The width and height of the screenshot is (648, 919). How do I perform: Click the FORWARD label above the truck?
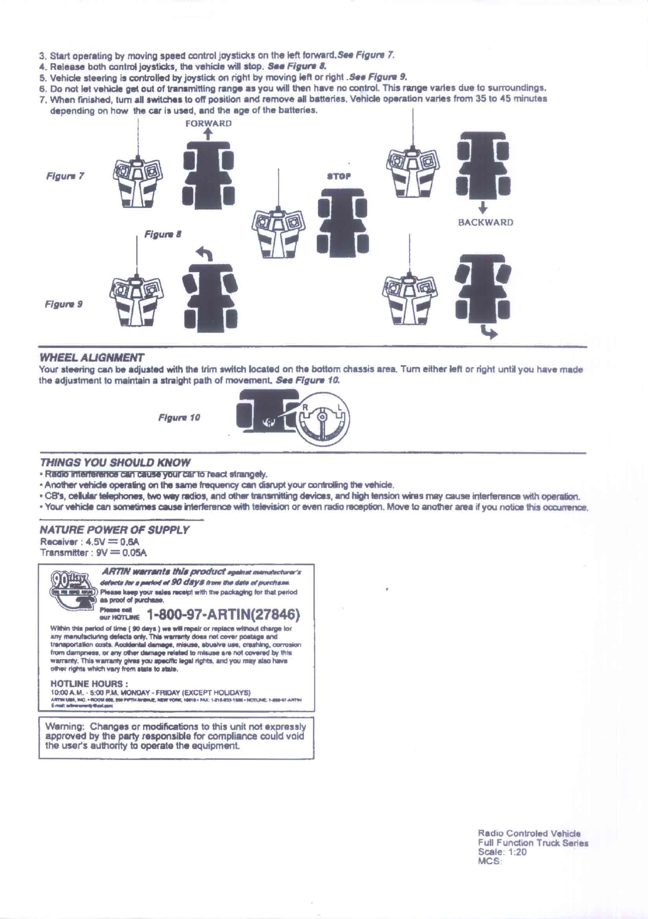[x=208, y=123]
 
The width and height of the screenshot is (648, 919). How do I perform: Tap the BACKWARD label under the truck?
[x=485, y=223]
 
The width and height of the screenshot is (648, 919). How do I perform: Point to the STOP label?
[x=338, y=176]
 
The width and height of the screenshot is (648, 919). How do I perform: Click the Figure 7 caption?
[x=65, y=176]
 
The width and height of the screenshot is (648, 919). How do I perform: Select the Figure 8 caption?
[x=163, y=234]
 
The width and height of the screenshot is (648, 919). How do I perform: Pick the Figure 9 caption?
[x=63, y=304]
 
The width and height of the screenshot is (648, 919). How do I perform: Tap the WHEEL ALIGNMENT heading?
[x=92, y=358]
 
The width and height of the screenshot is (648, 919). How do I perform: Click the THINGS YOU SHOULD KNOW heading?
[x=115, y=462]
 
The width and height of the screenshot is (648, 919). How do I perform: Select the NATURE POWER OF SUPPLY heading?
[x=115, y=530]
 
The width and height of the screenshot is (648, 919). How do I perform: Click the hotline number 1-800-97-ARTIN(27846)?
[x=224, y=615]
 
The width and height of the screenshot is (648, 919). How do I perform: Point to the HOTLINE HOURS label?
[x=89, y=683]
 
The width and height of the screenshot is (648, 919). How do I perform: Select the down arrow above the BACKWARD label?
[x=483, y=208]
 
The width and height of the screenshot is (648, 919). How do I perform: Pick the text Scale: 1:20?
[x=502, y=852]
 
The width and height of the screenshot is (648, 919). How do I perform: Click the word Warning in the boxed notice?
[x=64, y=726]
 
